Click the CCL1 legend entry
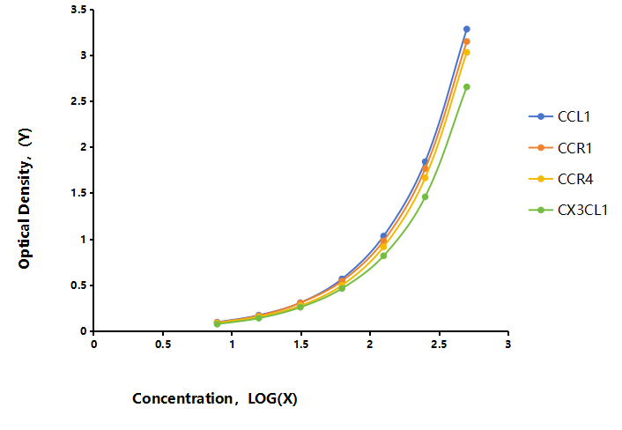pyautogui.click(x=559, y=116)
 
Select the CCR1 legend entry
pyautogui.click(x=560, y=148)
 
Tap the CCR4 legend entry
pyautogui.click(x=561, y=179)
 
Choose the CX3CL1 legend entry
pyautogui.click(x=568, y=210)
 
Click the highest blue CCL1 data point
pyautogui.click(x=467, y=29)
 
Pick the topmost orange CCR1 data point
pyautogui.click(x=467, y=41)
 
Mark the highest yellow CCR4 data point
pyautogui.click(x=467, y=52)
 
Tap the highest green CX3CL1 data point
pyautogui.click(x=467, y=86)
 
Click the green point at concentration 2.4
pyautogui.click(x=425, y=196)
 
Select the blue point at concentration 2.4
pyautogui.click(x=425, y=161)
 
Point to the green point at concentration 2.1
pyautogui.click(x=383, y=256)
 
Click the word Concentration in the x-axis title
pyautogui.click(x=182, y=398)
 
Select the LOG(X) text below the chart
pyautogui.click(x=272, y=398)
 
